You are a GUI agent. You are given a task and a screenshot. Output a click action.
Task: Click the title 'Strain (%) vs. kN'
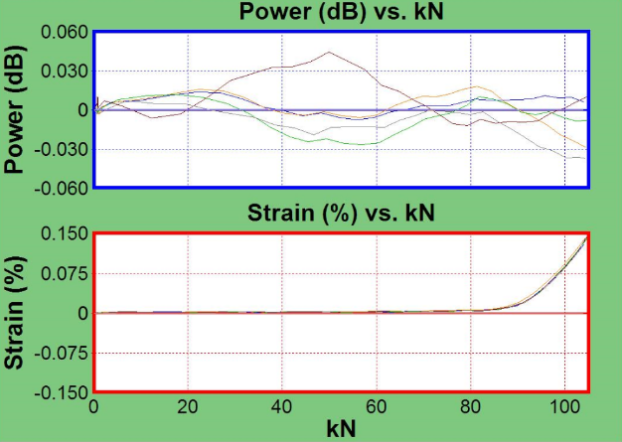[341, 214]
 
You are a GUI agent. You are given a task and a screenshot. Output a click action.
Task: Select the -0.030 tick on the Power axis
[61, 149]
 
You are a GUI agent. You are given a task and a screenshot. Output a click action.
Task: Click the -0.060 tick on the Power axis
[61, 186]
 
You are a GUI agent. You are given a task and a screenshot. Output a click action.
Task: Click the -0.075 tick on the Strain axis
[61, 353]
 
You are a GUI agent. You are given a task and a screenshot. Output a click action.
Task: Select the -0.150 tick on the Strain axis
[61, 391]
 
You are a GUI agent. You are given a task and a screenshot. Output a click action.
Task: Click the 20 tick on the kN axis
[189, 407]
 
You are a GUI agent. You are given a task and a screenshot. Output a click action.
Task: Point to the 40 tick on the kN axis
[282, 407]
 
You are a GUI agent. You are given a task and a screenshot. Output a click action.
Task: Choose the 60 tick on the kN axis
[377, 407]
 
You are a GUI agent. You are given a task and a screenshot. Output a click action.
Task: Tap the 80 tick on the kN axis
[470, 407]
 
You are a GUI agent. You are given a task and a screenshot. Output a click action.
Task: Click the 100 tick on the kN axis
[563, 407]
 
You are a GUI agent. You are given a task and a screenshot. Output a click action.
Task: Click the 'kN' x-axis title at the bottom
[341, 429]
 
